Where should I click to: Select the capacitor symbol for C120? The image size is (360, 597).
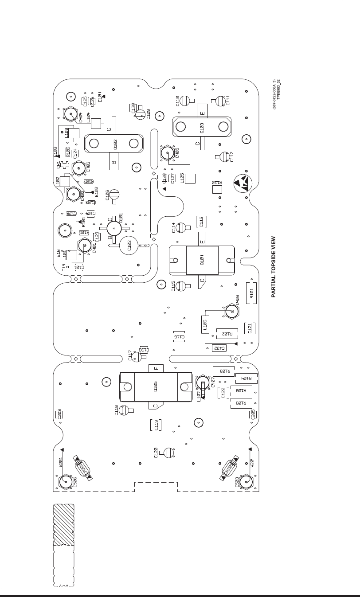[168, 453]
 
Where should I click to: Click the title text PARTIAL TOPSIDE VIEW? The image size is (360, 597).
[274, 266]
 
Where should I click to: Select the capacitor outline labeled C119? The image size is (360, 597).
[155, 425]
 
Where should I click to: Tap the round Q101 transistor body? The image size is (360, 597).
[114, 228]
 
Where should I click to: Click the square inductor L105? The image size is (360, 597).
[191, 179]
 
